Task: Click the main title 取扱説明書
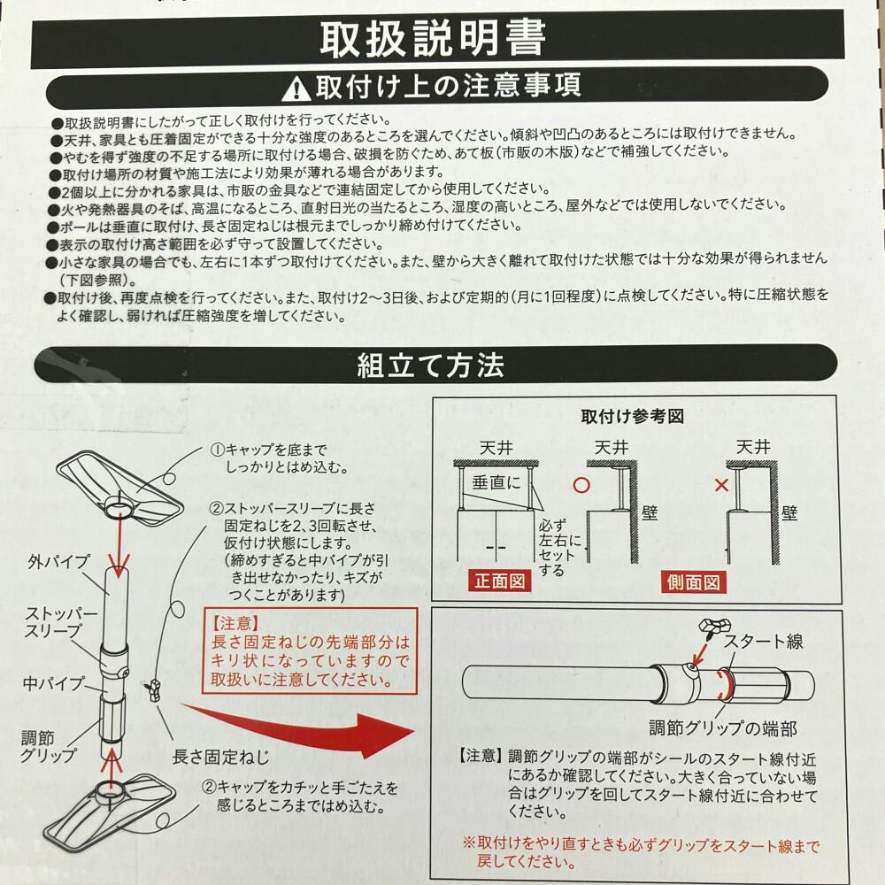coord(433,38)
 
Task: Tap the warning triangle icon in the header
coord(296,88)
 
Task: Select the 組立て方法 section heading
coord(431,366)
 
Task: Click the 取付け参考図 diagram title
coord(632,417)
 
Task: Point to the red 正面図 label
coord(500,581)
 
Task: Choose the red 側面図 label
coord(693,582)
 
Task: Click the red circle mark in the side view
coord(581,485)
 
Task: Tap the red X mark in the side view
coord(721,485)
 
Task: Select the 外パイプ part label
coord(58,562)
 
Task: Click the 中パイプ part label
coord(54,683)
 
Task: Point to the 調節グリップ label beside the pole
coord(48,746)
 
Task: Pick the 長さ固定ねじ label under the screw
coord(220,757)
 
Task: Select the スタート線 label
coord(764,641)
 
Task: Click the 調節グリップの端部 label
coord(723,728)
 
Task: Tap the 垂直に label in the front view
coord(496,482)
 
